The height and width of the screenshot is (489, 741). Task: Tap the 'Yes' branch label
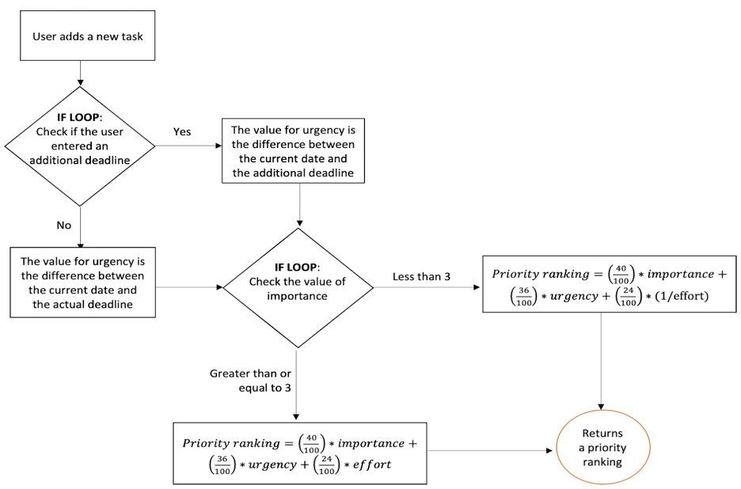tap(182, 132)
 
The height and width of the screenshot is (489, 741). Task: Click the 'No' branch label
tap(63, 226)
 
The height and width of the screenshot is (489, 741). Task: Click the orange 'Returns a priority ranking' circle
tap(602, 448)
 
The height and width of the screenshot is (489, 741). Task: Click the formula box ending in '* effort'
tap(300, 453)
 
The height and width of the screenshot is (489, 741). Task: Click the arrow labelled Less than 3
tap(427, 287)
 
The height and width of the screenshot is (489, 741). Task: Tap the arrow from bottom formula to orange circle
tap(491, 452)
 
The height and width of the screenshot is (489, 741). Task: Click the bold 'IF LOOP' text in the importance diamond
tap(297, 267)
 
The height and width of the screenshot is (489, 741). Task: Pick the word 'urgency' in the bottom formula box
tap(272, 464)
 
